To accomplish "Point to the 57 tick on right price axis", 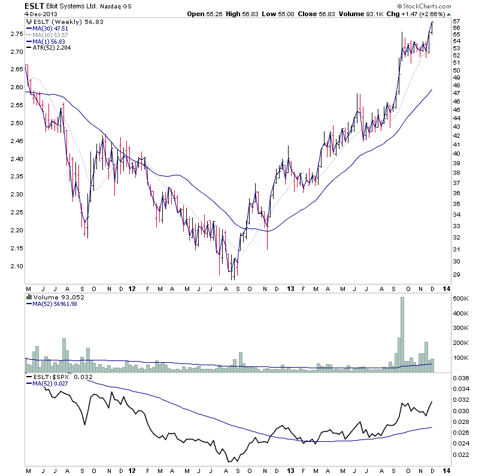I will coord(456,21).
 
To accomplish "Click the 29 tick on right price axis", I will coord(456,274).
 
